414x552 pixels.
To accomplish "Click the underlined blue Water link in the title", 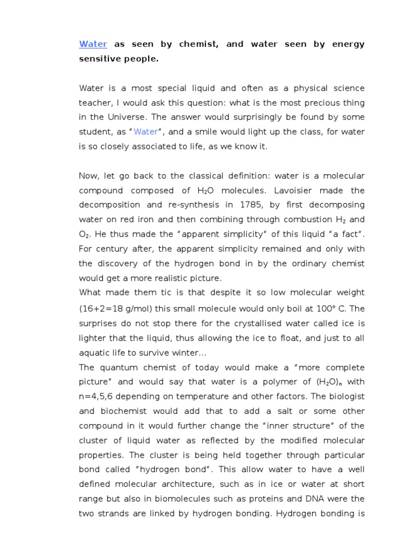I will tap(93, 44).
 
